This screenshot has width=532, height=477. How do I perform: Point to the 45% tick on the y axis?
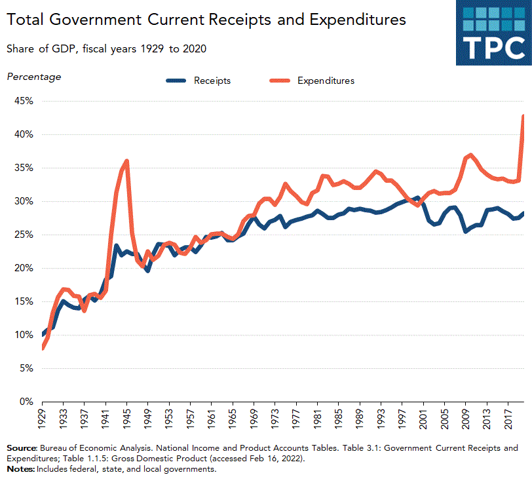click(x=22, y=101)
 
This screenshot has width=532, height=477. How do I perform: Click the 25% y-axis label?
click(x=22, y=235)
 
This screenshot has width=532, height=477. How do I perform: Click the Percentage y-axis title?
click(x=33, y=77)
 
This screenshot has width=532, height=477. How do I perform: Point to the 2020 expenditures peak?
click(x=524, y=116)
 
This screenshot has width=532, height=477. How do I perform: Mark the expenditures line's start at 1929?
click(x=43, y=348)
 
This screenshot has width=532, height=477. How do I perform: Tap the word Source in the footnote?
click(x=21, y=448)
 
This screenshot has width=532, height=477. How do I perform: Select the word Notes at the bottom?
click(x=20, y=469)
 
